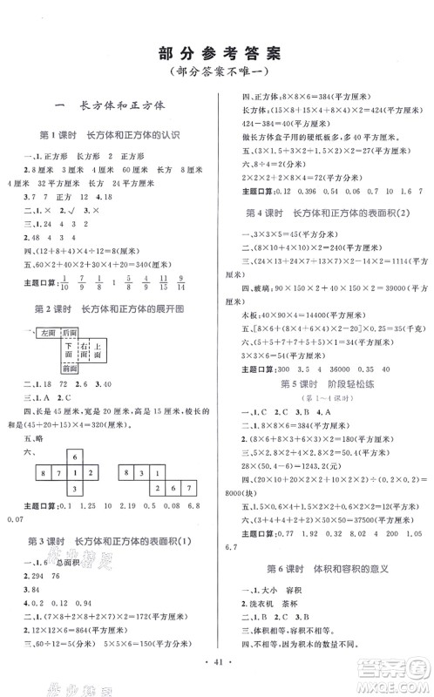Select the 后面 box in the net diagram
pyautogui.click(x=70, y=334)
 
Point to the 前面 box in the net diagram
pyautogui.click(x=70, y=369)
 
